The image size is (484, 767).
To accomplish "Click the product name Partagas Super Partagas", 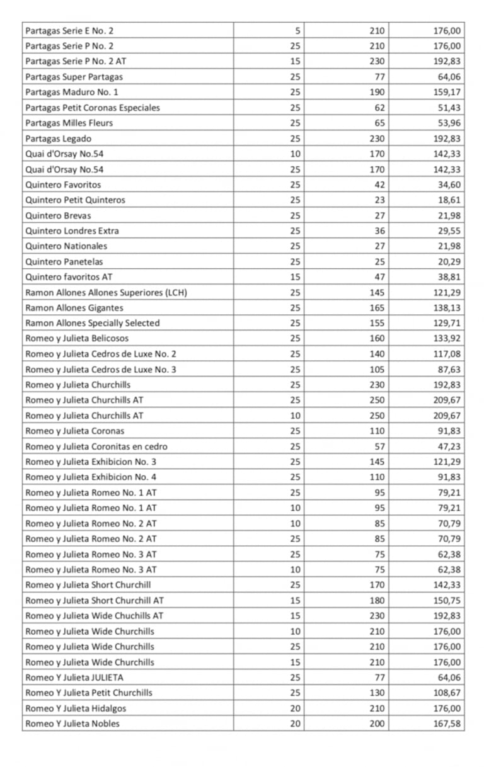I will [74, 77].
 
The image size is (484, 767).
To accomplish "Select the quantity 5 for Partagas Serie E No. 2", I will [297, 30].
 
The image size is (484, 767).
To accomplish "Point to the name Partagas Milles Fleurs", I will [69, 123].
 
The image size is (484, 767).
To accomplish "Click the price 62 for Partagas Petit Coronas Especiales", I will [379, 108].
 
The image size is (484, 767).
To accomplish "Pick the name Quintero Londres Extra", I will [72, 231].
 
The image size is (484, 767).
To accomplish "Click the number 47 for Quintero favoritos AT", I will [379, 277].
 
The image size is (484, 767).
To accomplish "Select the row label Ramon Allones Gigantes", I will [74, 308].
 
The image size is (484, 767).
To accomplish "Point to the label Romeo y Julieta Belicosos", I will [77, 339].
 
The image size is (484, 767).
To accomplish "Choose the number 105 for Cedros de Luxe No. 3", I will [377, 370].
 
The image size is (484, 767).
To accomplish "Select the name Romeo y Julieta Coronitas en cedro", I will [96, 446].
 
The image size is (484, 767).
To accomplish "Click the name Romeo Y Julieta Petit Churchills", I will [89, 693].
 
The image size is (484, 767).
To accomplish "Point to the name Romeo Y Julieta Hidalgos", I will [76, 708].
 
